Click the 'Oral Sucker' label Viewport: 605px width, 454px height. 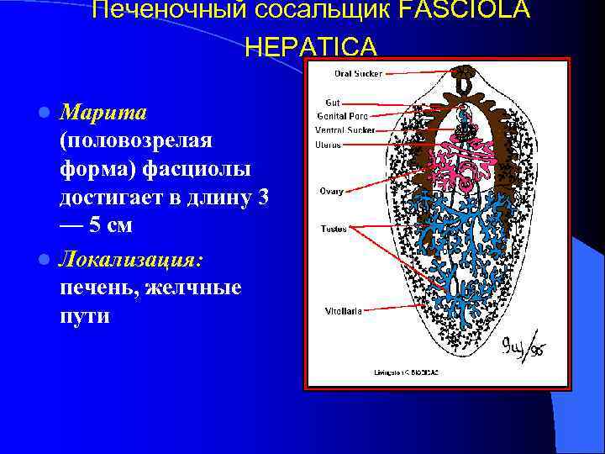[x=358, y=74]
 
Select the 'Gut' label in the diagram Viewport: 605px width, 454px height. [x=332, y=102]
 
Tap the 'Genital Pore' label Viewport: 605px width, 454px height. [x=341, y=116]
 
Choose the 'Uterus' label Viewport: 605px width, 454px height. [x=328, y=145]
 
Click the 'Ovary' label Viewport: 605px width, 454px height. [x=330, y=192]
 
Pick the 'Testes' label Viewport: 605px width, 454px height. [x=334, y=228]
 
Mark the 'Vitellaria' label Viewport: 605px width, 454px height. [x=344, y=311]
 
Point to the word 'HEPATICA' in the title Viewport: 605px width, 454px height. [x=311, y=45]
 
